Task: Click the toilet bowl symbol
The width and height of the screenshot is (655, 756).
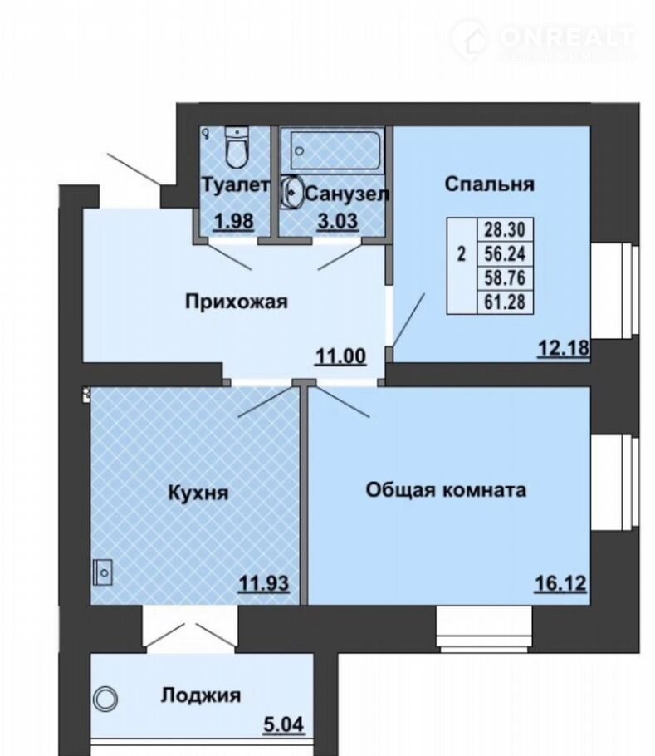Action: tap(237, 147)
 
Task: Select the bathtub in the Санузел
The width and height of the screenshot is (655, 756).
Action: tap(335, 150)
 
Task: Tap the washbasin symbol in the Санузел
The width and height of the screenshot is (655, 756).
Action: tap(292, 192)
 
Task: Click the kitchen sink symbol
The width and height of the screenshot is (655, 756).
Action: tap(103, 572)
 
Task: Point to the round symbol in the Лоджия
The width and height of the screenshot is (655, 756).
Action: tap(105, 698)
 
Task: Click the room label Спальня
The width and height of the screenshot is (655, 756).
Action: tap(489, 184)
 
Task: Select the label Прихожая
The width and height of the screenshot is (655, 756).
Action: tap(237, 302)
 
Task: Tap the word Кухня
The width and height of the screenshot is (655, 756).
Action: tap(198, 493)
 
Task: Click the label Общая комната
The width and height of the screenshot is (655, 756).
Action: tap(446, 490)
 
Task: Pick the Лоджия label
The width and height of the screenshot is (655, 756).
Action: tap(201, 695)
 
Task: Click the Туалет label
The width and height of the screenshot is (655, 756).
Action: tap(235, 185)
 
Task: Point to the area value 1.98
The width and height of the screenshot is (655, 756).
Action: tap(234, 222)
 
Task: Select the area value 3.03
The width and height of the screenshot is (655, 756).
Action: tap(338, 221)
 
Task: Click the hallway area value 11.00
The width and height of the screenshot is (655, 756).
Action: tap(340, 356)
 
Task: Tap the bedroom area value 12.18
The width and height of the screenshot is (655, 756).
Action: tap(564, 348)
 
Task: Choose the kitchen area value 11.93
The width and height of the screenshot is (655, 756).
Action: tap(264, 584)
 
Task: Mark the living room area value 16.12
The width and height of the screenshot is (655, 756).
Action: tap(560, 584)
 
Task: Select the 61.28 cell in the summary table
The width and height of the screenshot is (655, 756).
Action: tap(505, 302)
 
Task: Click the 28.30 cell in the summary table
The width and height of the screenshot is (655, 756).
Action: tap(505, 229)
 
